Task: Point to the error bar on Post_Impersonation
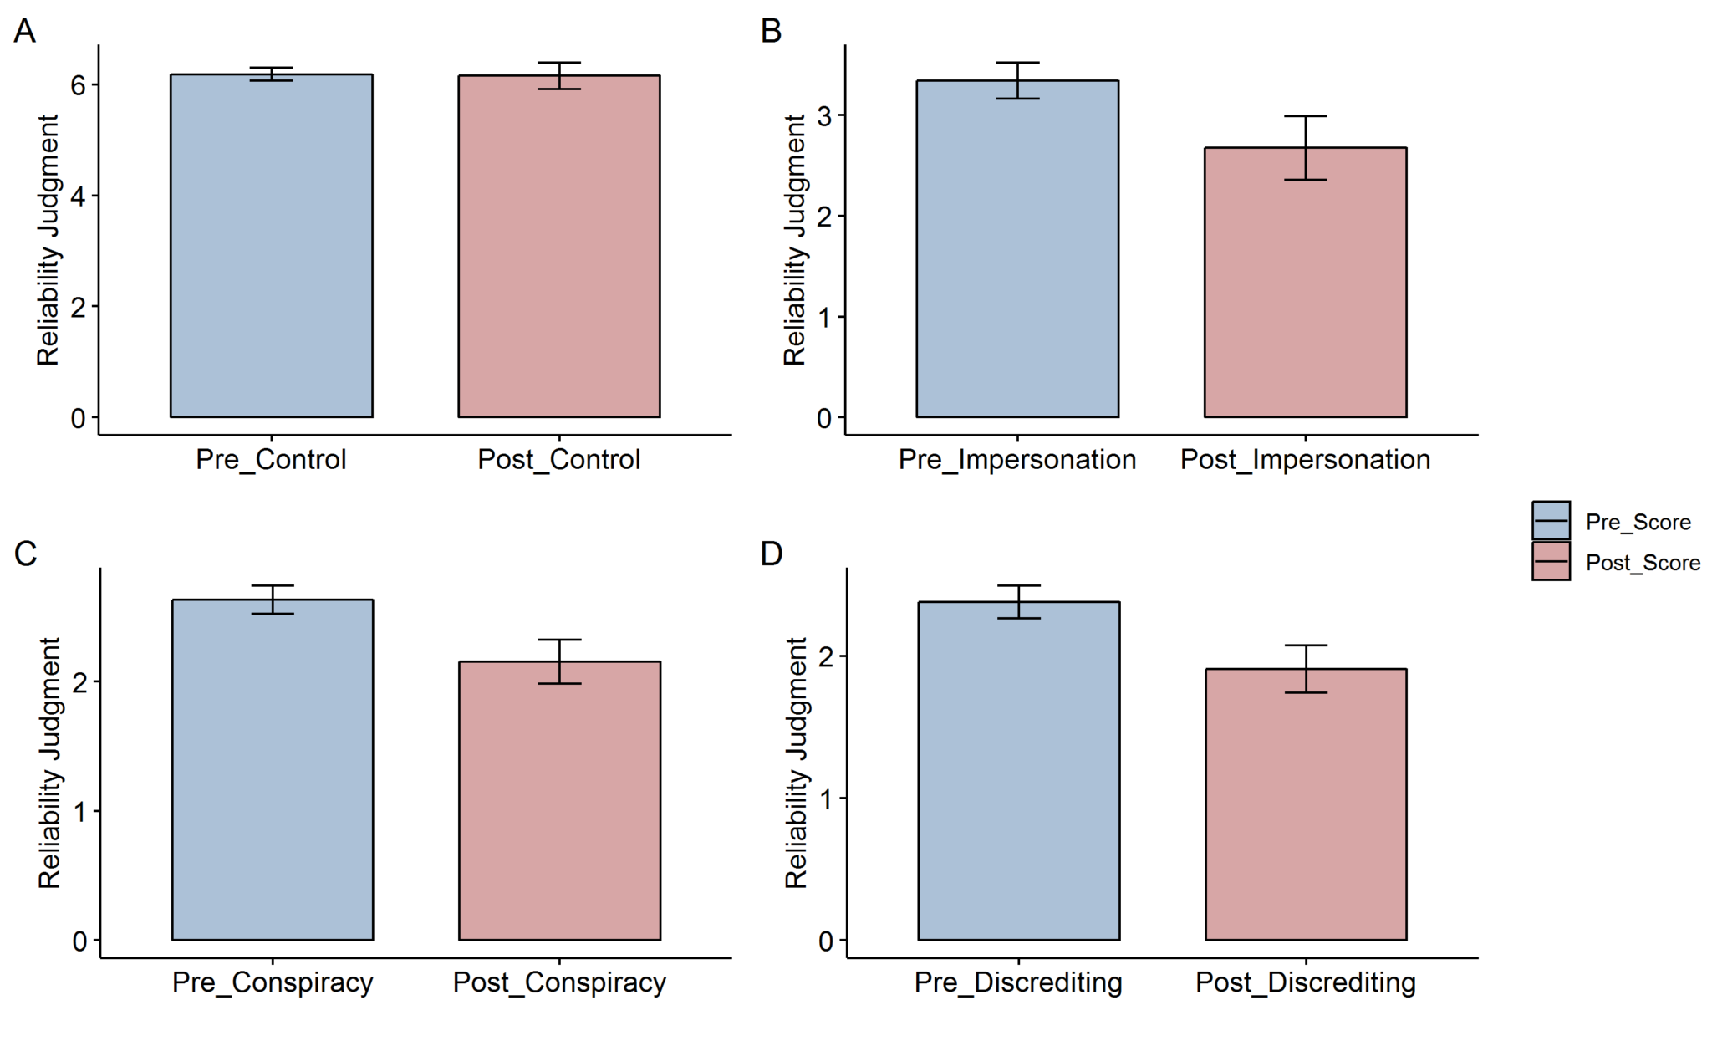(x=1305, y=147)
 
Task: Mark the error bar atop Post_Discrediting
(x=1306, y=668)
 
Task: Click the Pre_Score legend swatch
(x=1551, y=521)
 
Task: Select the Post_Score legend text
(x=1643, y=563)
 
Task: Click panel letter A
(x=24, y=32)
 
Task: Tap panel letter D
(x=771, y=554)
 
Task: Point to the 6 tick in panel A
(x=79, y=85)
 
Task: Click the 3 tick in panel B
(x=825, y=115)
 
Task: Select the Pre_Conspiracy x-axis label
(x=273, y=982)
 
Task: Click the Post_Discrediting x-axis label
(x=1305, y=982)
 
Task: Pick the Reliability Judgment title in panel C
(x=49, y=763)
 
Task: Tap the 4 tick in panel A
(x=79, y=196)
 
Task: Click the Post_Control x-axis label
(x=558, y=459)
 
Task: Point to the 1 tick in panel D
(x=826, y=799)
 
